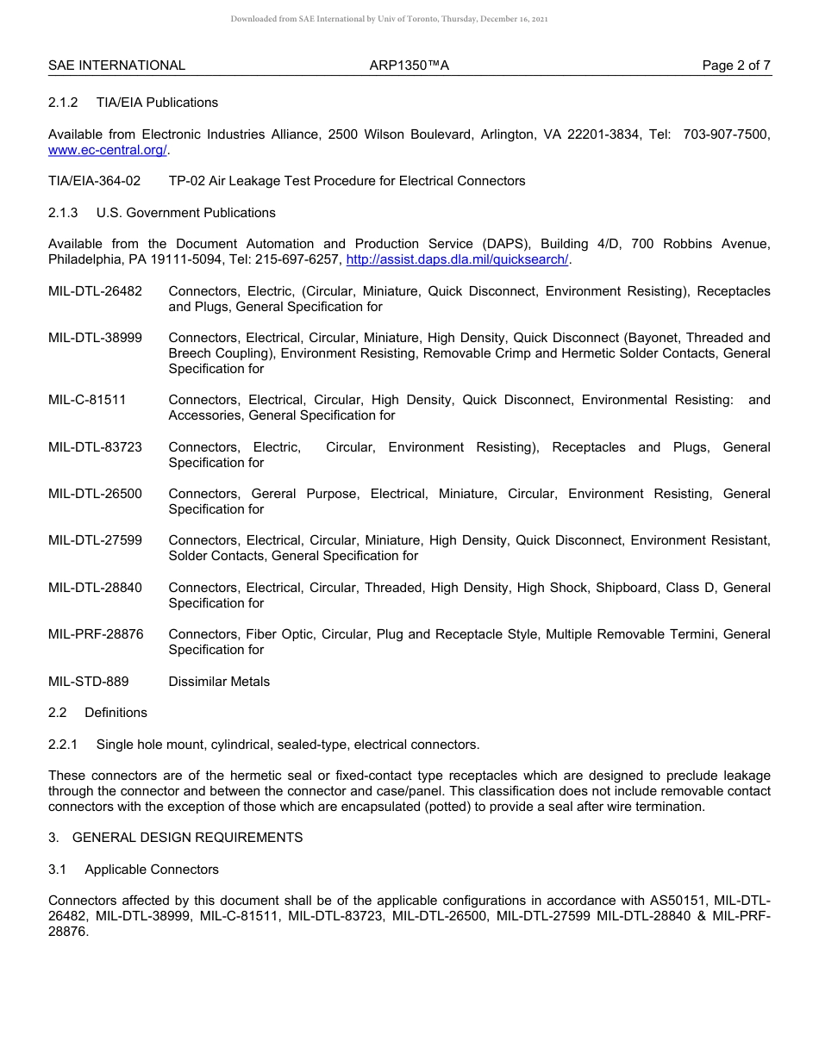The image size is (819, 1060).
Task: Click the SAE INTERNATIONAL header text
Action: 116,65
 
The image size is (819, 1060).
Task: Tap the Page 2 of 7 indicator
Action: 736,65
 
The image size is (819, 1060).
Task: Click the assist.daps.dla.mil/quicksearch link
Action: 457,259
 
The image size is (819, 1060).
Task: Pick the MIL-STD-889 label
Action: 88,682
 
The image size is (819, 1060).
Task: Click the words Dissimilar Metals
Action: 219,682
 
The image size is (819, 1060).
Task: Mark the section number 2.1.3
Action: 63,213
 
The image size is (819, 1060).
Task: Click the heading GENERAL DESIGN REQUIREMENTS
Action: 187,838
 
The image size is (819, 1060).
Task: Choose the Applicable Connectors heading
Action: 152,870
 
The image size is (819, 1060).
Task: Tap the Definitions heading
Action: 116,713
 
